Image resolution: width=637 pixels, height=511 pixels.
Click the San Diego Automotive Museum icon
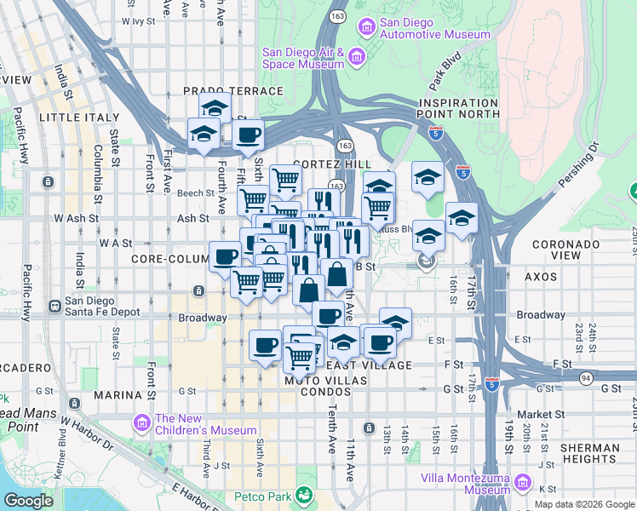(366, 27)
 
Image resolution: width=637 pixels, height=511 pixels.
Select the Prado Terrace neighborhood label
(232, 90)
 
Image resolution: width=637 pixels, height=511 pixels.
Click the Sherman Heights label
(591, 453)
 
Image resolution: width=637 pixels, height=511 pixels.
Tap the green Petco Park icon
(303, 495)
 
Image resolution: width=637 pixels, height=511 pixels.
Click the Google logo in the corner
(28, 501)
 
